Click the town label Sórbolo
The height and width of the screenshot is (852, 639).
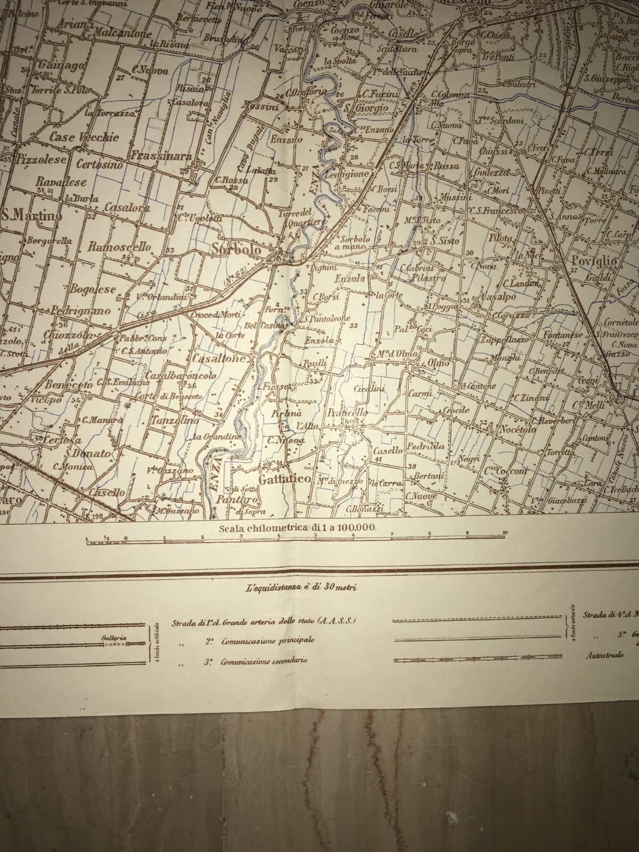236,249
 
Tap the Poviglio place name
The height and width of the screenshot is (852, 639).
594,261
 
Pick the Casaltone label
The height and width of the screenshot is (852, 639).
218,358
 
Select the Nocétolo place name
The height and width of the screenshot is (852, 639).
518,429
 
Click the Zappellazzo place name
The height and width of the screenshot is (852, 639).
504,340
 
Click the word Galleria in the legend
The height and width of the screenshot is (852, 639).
114,637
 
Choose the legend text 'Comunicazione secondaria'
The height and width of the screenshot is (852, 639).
264,661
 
